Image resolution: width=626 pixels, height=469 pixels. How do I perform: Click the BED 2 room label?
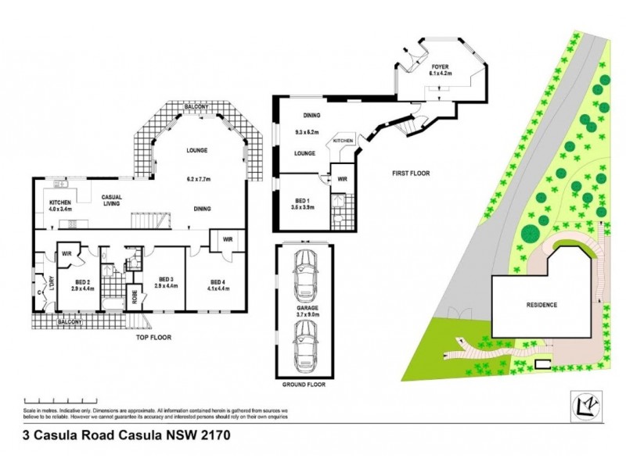pyautogui.click(x=85, y=284)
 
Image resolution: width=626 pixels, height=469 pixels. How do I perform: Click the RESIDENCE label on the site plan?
pyautogui.click(x=541, y=305)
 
